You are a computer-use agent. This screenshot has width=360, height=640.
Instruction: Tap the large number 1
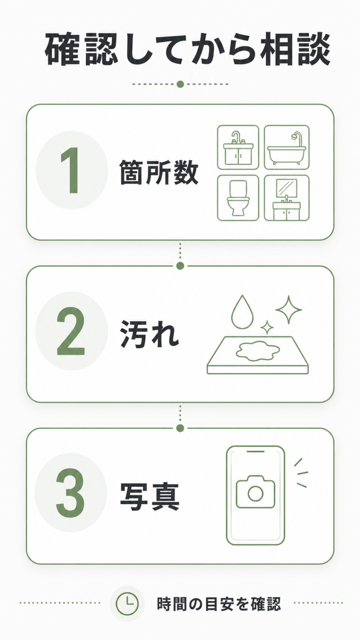click(70, 170)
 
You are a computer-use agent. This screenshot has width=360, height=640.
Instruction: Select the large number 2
click(71, 331)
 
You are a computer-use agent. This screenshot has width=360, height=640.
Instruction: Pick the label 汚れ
click(149, 334)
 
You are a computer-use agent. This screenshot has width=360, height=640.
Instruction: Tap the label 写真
click(149, 497)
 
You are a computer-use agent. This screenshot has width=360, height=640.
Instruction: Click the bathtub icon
click(287, 147)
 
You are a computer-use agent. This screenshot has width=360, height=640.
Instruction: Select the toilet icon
click(238, 198)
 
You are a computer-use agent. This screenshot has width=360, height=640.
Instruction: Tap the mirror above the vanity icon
click(287, 188)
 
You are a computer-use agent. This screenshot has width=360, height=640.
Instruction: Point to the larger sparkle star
click(288, 309)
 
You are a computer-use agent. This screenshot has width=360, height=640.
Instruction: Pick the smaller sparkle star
click(267, 327)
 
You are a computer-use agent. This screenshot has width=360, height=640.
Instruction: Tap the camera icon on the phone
click(255, 492)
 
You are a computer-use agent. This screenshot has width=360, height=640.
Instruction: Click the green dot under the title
click(180, 84)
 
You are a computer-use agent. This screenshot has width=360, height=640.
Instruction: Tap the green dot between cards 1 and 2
click(180, 266)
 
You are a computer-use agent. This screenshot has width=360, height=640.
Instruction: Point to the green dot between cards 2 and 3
click(180, 428)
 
